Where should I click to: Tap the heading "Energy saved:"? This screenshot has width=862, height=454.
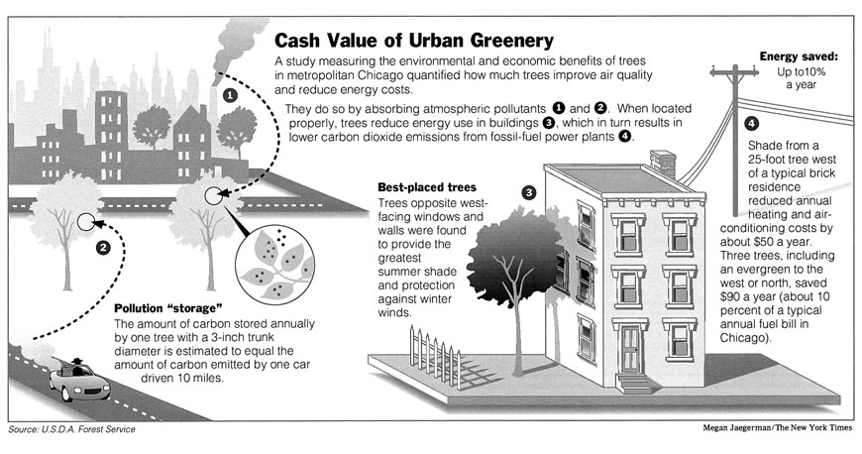[800, 57]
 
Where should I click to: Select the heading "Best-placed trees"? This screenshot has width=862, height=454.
[427, 186]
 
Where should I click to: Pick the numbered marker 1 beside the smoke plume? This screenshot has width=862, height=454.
[230, 96]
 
